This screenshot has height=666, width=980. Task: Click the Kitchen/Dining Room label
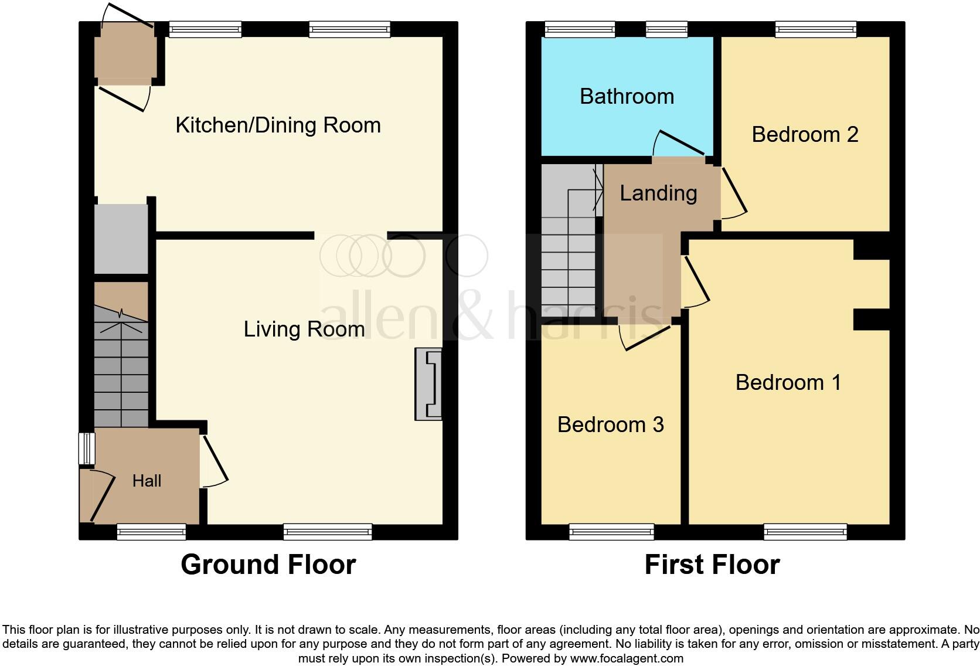pyautogui.click(x=278, y=125)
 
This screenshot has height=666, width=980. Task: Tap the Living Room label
pyautogui.click(x=304, y=329)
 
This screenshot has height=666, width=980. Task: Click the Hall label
pyautogui.click(x=147, y=481)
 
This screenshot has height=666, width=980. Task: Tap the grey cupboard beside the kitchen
pyautogui.click(x=121, y=238)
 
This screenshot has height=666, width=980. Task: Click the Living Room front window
pyautogui.click(x=328, y=532)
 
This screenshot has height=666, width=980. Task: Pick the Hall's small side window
pyautogui.click(x=87, y=448)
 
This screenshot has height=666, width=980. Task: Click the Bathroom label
pyautogui.click(x=627, y=96)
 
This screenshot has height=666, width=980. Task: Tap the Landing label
pyautogui.click(x=658, y=193)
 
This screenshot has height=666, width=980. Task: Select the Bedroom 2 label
pyautogui.click(x=805, y=134)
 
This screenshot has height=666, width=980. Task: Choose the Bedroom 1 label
pyautogui.click(x=788, y=382)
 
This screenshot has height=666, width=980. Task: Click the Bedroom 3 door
pyautogui.click(x=645, y=337)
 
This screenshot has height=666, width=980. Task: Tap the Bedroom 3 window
pyautogui.click(x=611, y=532)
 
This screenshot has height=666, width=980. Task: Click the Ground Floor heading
pyautogui.click(x=268, y=564)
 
